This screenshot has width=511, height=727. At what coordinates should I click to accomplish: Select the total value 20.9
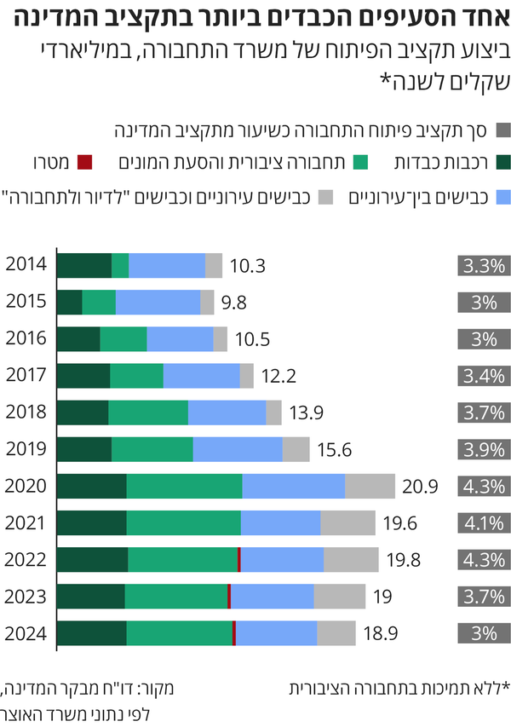[x=420, y=487]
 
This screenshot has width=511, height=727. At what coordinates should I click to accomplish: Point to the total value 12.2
[x=278, y=376]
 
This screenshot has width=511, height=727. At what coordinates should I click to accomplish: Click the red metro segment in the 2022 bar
[x=239, y=560]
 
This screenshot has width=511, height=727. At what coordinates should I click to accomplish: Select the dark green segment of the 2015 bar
[x=70, y=303]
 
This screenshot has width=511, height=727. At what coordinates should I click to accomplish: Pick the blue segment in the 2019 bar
[x=238, y=449]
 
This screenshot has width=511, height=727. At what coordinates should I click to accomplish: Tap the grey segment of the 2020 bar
[x=370, y=486]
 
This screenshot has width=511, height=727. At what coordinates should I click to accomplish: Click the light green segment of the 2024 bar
[x=179, y=633]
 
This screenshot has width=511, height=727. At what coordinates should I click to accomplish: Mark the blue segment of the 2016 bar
[x=180, y=339]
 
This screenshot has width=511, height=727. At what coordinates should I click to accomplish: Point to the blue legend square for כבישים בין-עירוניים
[x=502, y=197]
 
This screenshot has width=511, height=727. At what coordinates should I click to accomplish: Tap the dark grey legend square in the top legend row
[x=502, y=131]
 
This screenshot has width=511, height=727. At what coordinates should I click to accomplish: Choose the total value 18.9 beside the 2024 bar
[x=382, y=633]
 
